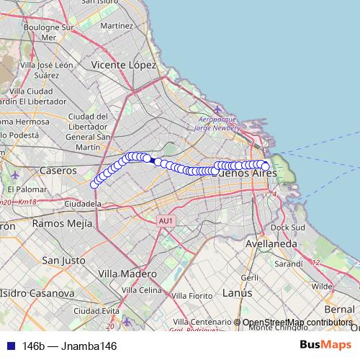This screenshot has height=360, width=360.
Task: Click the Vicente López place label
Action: (x=124, y=65)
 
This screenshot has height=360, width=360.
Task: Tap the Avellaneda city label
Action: (x=270, y=244)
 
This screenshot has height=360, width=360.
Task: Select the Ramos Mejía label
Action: (x=62, y=224)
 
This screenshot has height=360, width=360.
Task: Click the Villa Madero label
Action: (x=127, y=274)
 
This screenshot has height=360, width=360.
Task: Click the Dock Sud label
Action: (x=289, y=227)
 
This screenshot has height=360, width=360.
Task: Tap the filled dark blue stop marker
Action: (x=153, y=161)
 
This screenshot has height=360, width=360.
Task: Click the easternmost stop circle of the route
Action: (x=265, y=167)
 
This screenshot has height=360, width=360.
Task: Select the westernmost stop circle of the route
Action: (x=94, y=184)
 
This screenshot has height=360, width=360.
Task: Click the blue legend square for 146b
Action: (x=9, y=346)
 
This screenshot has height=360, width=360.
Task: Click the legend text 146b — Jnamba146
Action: (x=69, y=346)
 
